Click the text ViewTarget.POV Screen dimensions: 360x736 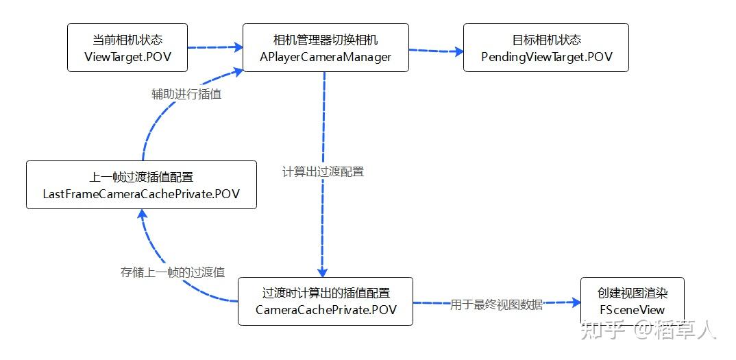[127, 57]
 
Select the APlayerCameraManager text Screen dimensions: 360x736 [326, 57]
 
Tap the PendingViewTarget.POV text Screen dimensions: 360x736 [545, 57]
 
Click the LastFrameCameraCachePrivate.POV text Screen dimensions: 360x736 [141, 194]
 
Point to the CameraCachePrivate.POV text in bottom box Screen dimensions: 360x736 [326, 310]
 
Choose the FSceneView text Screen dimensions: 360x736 [632, 310]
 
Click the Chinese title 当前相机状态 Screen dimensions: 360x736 [127, 40]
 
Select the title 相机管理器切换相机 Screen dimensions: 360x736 [326, 40]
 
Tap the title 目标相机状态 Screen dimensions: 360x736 [545, 40]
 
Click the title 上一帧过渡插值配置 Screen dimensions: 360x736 [141, 177]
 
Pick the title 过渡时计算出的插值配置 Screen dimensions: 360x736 [326, 293]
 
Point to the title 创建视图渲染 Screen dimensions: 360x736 [632, 293]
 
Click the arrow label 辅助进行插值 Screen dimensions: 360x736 [186, 95]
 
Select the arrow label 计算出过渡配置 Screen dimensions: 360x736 [323, 171]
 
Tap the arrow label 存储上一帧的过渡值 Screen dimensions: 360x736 [173, 272]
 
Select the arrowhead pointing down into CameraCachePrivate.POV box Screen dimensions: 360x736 [323, 272]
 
